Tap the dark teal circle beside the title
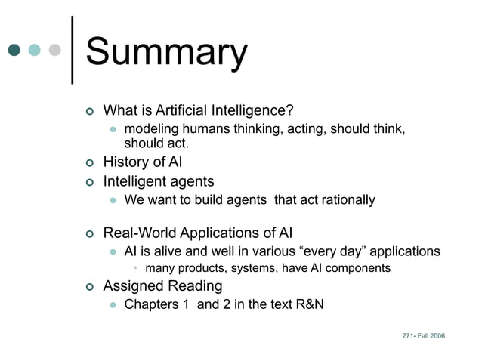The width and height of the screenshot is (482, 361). point(14,51)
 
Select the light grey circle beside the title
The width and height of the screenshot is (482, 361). point(54,51)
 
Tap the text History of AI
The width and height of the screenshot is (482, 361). point(142,162)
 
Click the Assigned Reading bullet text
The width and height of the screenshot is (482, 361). point(162,286)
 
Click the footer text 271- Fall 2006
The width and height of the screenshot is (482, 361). point(424,335)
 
